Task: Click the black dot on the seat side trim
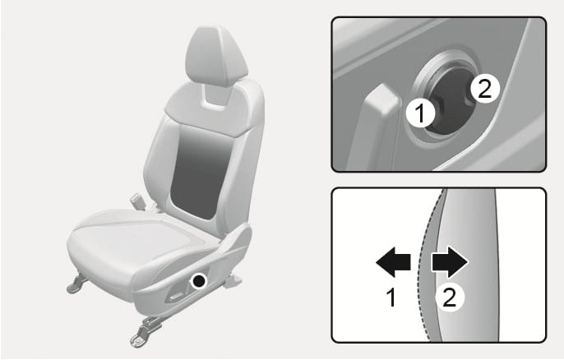tap(199, 280)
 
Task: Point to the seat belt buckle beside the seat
tap(138, 201)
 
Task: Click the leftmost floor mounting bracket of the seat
tap(76, 284)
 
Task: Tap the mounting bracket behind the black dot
tap(233, 280)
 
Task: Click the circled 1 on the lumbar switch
tap(420, 113)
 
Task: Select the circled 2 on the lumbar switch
tap(485, 89)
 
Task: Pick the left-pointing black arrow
tap(393, 262)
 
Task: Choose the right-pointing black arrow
tap(450, 262)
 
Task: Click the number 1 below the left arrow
tap(391, 298)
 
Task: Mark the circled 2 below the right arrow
tap(450, 298)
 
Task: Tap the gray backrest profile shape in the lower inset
tap(468, 265)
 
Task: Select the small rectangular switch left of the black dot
tap(176, 296)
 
